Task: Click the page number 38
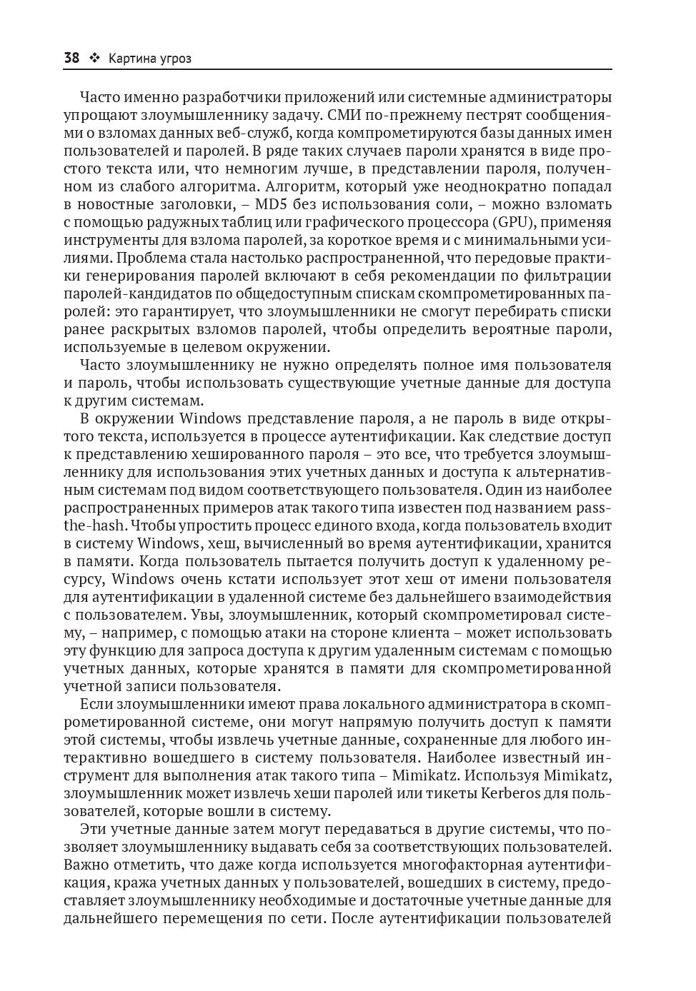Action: [71, 59]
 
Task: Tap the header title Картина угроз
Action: [149, 59]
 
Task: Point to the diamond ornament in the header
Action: [94, 59]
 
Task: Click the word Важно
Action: [84, 865]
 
